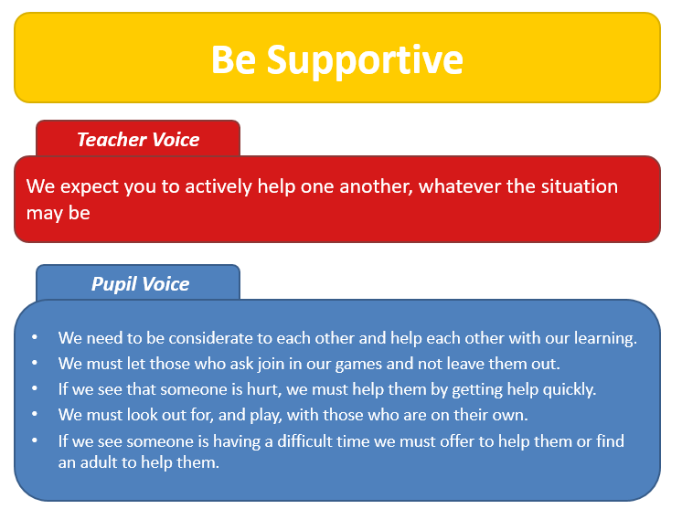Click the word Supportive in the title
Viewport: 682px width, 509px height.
[x=365, y=61]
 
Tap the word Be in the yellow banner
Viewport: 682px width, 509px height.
[x=233, y=59]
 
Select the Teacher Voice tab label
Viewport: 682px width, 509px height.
[x=138, y=140]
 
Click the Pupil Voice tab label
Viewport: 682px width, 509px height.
[x=140, y=284]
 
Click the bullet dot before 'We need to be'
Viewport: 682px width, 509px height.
[x=35, y=337]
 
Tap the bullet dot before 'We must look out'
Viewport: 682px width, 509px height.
[x=35, y=414]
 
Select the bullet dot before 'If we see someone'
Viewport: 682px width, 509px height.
[x=35, y=440]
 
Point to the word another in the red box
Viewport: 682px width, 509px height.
[x=376, y=186]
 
